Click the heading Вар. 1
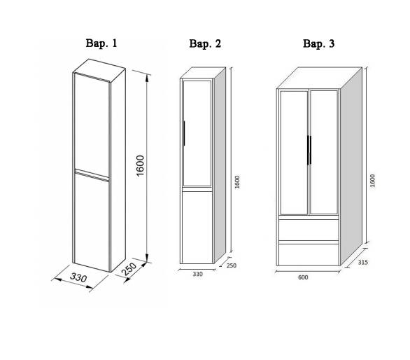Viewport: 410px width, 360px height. pos(101,43)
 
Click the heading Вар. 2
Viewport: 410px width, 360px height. pos(205,43)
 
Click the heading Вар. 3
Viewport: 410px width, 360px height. pos(318,43)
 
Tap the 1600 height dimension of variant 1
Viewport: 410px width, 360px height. pos(141,166)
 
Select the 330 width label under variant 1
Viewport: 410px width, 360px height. pos(78,277)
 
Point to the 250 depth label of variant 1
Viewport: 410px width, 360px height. pos(129,269)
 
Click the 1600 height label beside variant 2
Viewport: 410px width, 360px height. pos(237,182)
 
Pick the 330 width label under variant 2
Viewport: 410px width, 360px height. pos(198,274)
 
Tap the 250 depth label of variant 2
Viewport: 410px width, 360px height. pos(232,265)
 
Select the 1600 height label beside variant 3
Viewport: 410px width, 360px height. pos(373,181)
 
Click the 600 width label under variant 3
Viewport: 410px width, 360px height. pos(303,277)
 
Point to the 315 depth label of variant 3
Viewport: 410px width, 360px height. pos(363,262)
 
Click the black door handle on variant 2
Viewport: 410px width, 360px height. pos(184,133)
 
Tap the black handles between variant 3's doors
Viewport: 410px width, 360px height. pos(309,150)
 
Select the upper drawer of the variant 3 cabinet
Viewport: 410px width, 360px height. pos(309,230)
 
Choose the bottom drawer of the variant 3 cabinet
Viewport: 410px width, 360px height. pos(309,255)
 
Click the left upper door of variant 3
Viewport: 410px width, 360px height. pos(294,153)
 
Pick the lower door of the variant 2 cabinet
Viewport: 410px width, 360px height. pos(197,227)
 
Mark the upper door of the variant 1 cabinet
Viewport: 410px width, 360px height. pos(92,125)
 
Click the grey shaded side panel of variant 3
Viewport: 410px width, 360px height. pos(351,166)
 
